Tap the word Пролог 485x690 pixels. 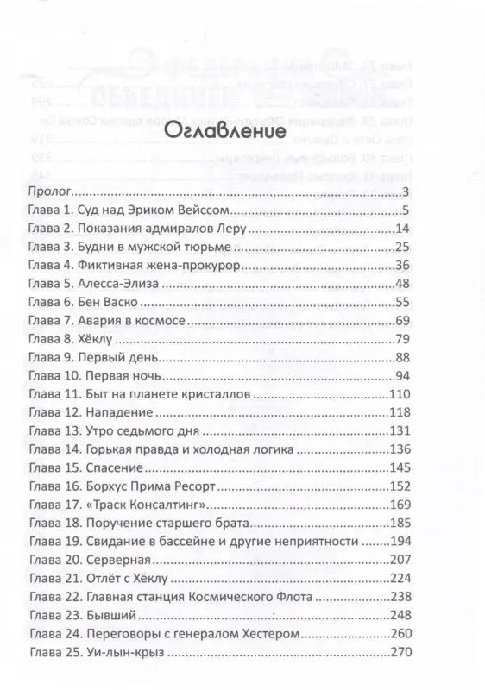48,191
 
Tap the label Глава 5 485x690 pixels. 49,283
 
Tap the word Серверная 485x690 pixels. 120,561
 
